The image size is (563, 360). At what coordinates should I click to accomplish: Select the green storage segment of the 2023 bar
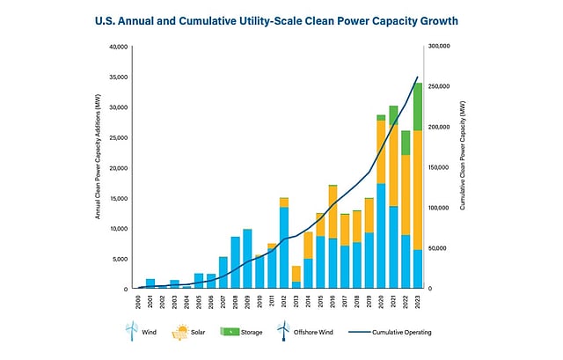417,107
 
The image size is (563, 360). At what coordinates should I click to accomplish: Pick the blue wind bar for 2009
247,259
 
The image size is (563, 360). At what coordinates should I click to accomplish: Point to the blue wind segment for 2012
284,247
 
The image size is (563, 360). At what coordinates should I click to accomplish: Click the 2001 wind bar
150,283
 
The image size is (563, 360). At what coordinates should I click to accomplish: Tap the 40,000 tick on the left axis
117,47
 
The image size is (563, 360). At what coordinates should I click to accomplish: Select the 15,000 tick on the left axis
117,198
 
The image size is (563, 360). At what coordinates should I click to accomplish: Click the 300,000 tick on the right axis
437,47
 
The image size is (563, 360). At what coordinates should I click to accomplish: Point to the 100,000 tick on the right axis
437,209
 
